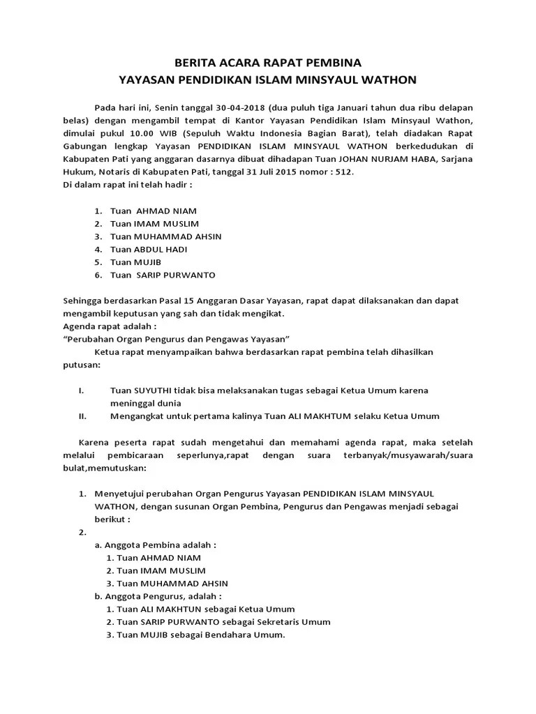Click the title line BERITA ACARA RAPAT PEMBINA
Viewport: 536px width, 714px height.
(267, 61)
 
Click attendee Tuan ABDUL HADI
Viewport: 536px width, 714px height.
(149, 249)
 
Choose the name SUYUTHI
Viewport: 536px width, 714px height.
(154, 390)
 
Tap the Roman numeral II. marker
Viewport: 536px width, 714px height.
(82, 416)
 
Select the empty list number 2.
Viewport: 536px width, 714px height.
(82, 532)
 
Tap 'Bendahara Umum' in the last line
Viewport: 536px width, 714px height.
(251, 635)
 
